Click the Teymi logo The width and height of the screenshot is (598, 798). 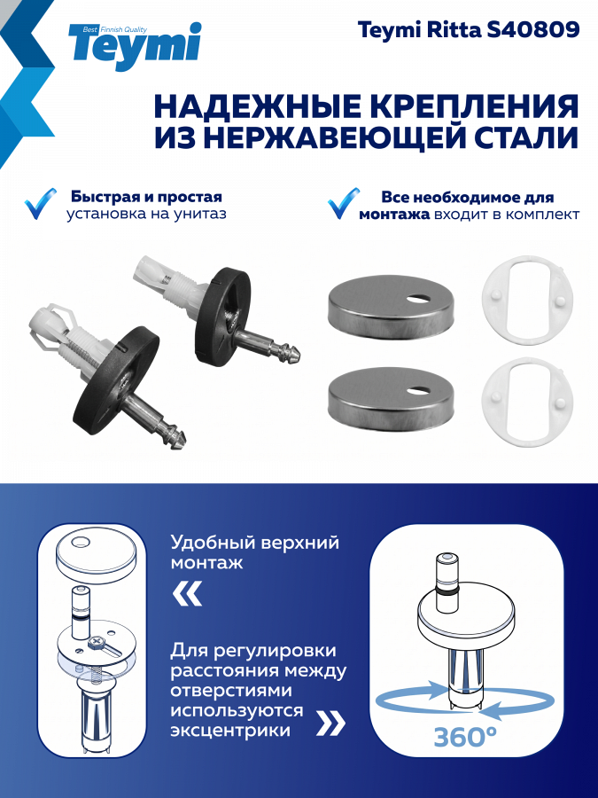136,46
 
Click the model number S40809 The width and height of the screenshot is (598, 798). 533,30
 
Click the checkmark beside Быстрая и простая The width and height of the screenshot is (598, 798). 40,204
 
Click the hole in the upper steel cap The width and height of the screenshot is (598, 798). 417,297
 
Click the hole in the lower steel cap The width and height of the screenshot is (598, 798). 417,391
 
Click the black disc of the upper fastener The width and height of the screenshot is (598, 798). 224,316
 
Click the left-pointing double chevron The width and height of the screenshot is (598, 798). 187,594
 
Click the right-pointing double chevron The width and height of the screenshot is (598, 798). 330,723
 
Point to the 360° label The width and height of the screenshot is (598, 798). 465,737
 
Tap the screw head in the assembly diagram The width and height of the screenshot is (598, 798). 96,644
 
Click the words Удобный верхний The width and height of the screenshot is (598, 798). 255,543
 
